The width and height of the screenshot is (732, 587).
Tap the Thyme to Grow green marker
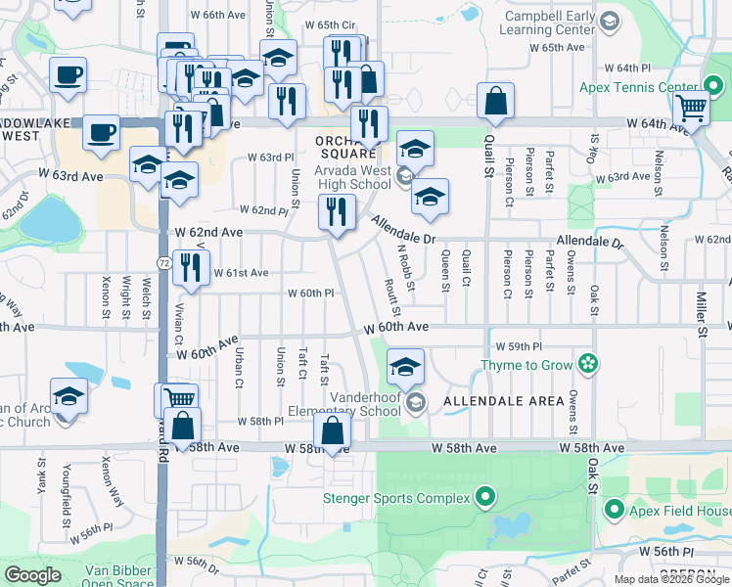pos(587,365)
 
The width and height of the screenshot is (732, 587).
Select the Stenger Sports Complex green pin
pos(482,497)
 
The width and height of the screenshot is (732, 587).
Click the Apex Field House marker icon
pos(615,510)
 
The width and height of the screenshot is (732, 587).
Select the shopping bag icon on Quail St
pos(496,101)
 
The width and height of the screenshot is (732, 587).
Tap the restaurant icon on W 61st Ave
pos(191,265)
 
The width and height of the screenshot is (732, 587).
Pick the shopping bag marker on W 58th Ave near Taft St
pos(333,430)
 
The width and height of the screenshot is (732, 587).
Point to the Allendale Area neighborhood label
pos(503,401)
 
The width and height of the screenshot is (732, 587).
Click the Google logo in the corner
pos(33,575)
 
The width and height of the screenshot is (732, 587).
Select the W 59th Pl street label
pos(518,346)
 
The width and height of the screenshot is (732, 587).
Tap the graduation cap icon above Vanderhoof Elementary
pos(405,366)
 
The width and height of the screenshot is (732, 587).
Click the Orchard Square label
pos(346,147)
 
